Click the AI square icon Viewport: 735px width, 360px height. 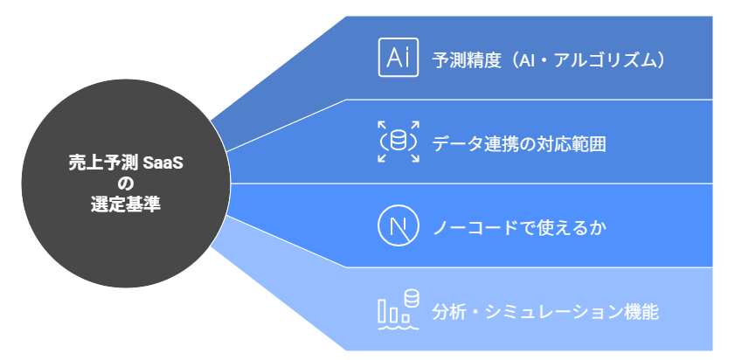(398, 57)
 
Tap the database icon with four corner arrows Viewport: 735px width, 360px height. (398, 142)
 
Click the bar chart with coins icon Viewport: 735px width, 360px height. (398, 310)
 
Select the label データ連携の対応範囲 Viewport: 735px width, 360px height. (519, 144)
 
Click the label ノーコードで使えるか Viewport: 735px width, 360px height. (519, 229)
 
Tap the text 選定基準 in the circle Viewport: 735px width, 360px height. (126, 205)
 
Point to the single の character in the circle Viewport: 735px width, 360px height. (126, 184)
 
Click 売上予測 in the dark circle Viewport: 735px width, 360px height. (103, 163)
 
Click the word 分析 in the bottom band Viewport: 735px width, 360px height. (448, 312)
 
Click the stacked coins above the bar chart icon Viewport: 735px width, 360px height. (412, 298)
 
